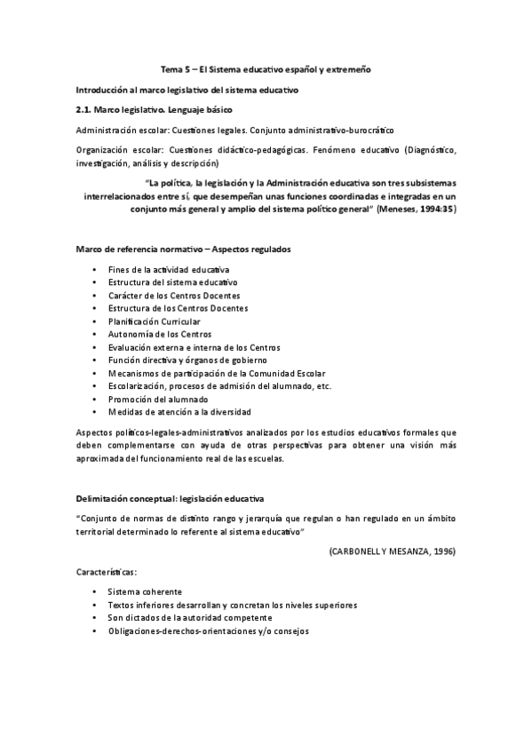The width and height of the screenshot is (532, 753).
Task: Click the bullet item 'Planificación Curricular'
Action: (154, 321)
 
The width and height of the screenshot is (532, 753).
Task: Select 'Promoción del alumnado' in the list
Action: (158, 399)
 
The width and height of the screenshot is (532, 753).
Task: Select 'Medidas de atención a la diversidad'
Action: (179, 411)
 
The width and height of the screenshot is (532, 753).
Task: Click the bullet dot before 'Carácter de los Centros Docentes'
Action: (94, 295)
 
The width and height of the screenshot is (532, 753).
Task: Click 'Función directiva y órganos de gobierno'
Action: (187, 360)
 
